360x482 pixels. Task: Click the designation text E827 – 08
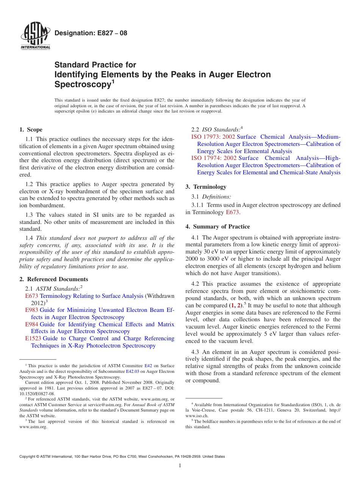point(91,33)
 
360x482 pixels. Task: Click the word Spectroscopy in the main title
point(82,85)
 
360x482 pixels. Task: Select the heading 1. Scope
point(31,130)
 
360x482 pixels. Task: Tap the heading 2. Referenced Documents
point(53,279)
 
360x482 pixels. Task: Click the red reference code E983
point(31,310)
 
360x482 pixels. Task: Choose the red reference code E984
point(31,324)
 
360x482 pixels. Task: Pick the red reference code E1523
point(33,338)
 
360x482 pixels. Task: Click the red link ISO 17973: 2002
point(213,137)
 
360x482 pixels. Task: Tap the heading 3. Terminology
point(206,187)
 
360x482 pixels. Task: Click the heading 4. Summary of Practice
point(218,227)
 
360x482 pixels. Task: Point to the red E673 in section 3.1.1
point(232,213)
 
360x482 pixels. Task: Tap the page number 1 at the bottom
point(180,465)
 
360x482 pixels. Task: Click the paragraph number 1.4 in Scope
point(29,238)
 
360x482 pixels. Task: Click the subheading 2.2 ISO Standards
point(216,130)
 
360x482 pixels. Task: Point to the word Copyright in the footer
point(29,457)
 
